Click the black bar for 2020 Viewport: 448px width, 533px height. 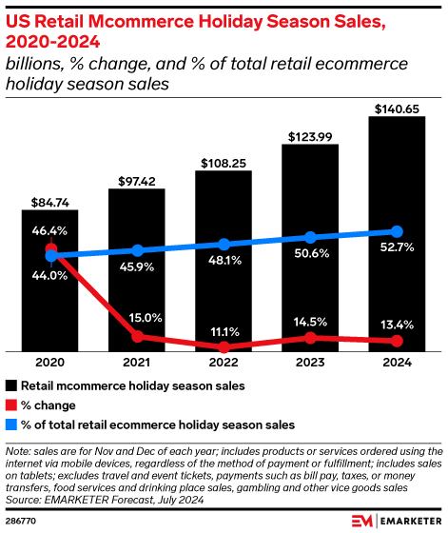50,305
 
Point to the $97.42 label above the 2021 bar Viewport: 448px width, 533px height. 137,181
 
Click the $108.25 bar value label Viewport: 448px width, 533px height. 224,163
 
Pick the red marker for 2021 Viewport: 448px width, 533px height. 137,336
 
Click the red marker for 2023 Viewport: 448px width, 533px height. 310,337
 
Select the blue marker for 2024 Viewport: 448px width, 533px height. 397,231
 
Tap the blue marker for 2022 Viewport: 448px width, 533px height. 224,244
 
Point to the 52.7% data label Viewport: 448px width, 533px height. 397,251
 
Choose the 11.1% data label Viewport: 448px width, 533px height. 224,330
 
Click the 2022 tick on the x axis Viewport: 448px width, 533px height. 224,363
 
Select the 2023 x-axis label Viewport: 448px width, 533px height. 310,363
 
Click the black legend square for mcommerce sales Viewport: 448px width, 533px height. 11,386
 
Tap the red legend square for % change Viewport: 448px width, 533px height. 11,405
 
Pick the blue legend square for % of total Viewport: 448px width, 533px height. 11,424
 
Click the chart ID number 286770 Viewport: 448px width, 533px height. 21,522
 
